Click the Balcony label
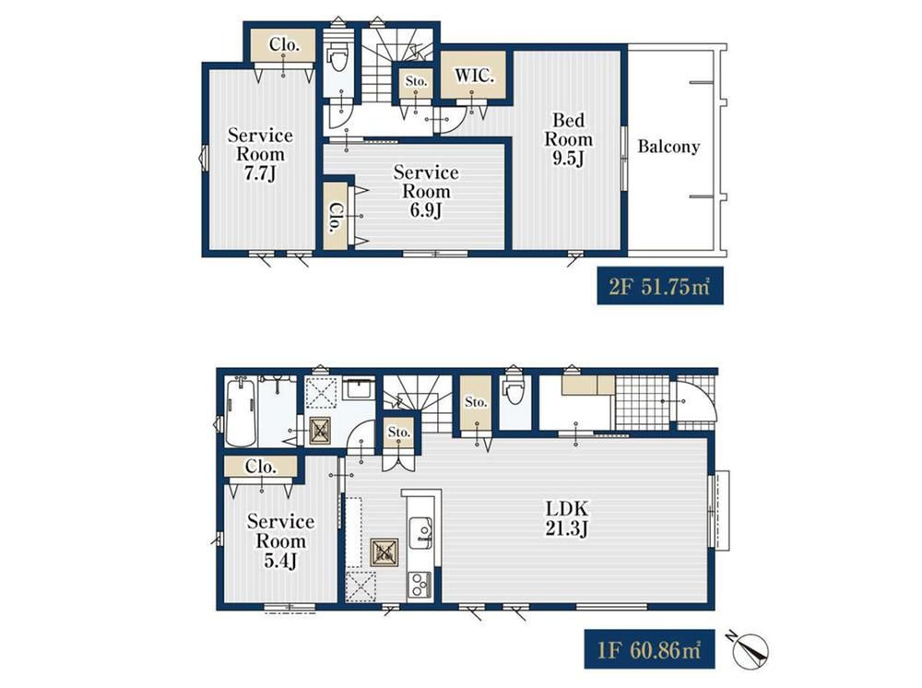click(668, 147)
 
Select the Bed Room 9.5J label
click(568, 139)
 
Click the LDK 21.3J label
click(567, 518)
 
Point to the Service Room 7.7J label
click(260, 154)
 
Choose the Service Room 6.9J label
click(426, 191)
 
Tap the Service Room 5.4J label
click(280, 540)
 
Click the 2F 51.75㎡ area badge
click(660, 287)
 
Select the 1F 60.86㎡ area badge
click(649, 649)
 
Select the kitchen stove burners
click(420, 585)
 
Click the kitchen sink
click(420, 531)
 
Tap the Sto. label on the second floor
click(417, 82)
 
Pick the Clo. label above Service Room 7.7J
click(285, 44)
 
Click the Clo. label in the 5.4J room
click(261, 467)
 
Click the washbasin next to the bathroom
click(358, 390)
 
